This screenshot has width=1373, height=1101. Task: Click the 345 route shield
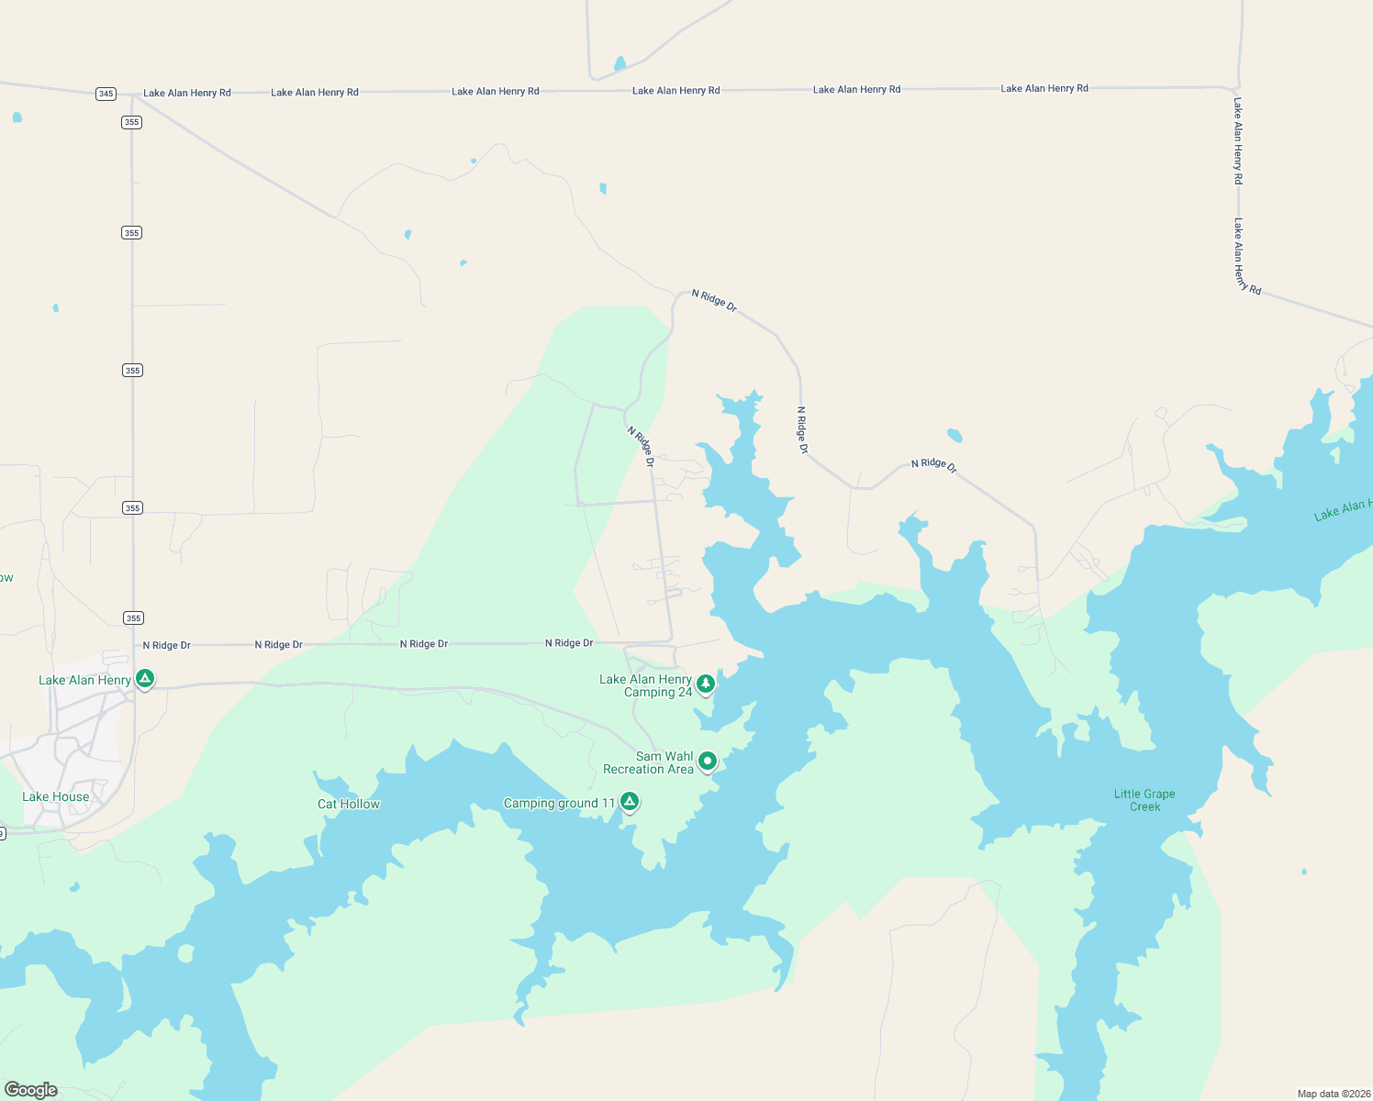(x=106, y=94)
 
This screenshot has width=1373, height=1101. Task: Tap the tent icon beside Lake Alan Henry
(x=144, y=679)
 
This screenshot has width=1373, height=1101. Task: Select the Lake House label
(x=56, y=796)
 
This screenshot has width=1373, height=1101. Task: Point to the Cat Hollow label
(x=349, y=804)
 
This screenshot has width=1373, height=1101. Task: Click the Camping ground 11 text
(x=559, y=804)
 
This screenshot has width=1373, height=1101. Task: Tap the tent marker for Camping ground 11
(x=630, y=802)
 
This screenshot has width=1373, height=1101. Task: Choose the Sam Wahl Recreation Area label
(x=649, y=763)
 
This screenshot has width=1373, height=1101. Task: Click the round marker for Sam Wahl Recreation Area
(x=708, y=761)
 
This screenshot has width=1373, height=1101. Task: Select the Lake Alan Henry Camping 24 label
(x=646, y=685)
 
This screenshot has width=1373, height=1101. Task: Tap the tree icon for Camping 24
(x=706, y=684)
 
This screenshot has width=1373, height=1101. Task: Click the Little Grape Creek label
(x=1144, y=800)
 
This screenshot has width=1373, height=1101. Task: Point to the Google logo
(x=31, y=1090)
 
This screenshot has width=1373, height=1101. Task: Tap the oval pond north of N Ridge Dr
(x=954, y=435)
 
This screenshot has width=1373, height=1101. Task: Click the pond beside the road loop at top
(x=620, y=63)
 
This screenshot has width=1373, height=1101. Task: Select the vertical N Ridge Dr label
(x=802, y=430)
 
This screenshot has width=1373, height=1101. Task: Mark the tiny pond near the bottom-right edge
(x=1304, y=871)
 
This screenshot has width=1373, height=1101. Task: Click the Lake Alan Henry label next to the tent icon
(x=84, y=680)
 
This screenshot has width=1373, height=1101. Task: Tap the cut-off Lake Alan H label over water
(x=1343, y=509)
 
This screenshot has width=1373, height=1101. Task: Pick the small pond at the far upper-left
(x=17, y=117)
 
